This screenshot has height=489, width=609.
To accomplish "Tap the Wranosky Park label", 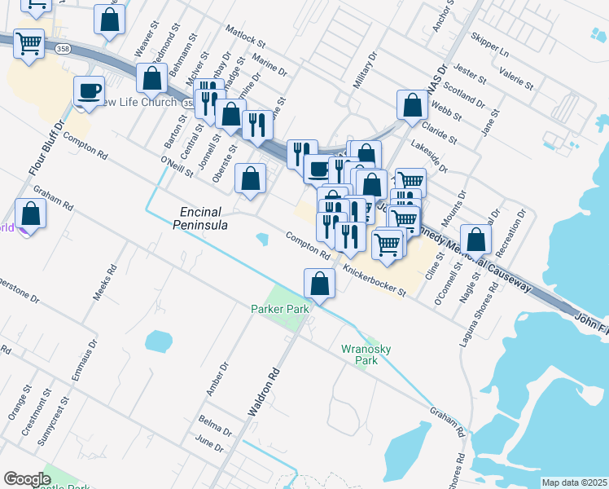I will [366, 354].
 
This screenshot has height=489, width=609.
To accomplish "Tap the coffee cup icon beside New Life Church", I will [89, 91].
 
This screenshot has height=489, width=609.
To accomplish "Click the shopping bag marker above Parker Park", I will [318, 283].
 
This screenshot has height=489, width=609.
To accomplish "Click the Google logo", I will [27, 478].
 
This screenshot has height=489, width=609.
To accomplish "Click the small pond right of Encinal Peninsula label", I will [263, 240].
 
